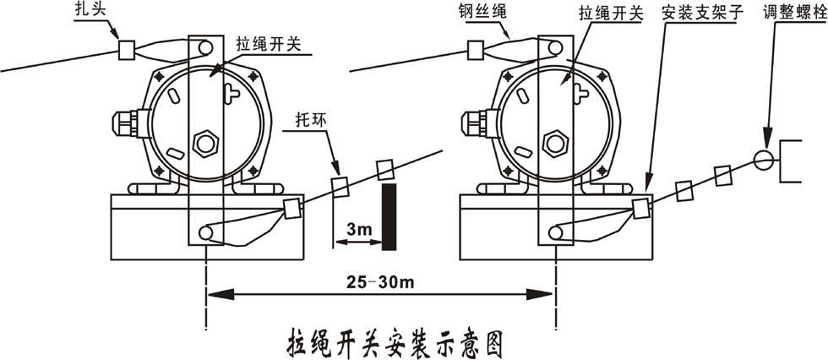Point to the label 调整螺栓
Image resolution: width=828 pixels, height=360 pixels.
tap(792, 10)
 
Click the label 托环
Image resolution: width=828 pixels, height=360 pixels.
tap(310, 122)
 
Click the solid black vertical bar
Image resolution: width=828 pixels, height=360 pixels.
tap(389, 216)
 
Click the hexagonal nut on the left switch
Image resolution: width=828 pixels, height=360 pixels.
tap(204, 141)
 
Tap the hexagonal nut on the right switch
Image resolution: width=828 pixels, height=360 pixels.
tap(554, 141)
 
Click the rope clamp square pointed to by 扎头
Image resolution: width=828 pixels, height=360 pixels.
tap(128, 48)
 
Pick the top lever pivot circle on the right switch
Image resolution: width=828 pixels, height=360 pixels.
tap(555, 48)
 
